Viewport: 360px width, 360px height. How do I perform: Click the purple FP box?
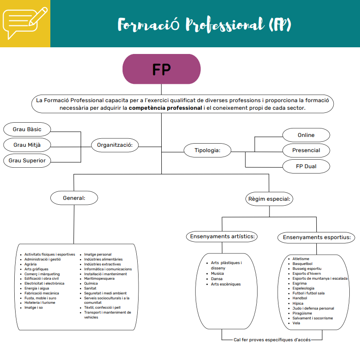point(161,69)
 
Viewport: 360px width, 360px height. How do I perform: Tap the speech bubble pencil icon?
point(25,23)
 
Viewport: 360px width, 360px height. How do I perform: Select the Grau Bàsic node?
point(27,129)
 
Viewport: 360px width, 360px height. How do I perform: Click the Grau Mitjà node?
point(27,145)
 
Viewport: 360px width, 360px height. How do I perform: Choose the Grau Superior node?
point(27,161)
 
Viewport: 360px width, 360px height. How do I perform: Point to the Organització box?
point(115,145)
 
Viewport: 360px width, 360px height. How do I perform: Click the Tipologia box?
point(208,150)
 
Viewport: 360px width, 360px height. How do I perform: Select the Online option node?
point(306,135)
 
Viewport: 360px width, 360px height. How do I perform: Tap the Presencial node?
point(306,150)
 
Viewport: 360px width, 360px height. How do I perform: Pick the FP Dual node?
point(306,166)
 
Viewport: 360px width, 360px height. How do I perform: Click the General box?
point(74,197)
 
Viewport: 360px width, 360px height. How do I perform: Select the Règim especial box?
point(269,199)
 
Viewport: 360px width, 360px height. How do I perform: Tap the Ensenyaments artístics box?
point(222,236)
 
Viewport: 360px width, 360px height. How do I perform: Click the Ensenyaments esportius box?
point(316,237)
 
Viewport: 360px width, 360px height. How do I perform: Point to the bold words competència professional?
point(165,108)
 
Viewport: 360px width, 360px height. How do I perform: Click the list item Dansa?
point(217,279)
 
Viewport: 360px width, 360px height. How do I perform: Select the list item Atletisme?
point(301,259)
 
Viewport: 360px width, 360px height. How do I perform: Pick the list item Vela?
point(296,323)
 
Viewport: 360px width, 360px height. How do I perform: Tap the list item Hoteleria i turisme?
point(40,302)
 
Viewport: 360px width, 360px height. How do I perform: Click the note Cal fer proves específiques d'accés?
point(272,339)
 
